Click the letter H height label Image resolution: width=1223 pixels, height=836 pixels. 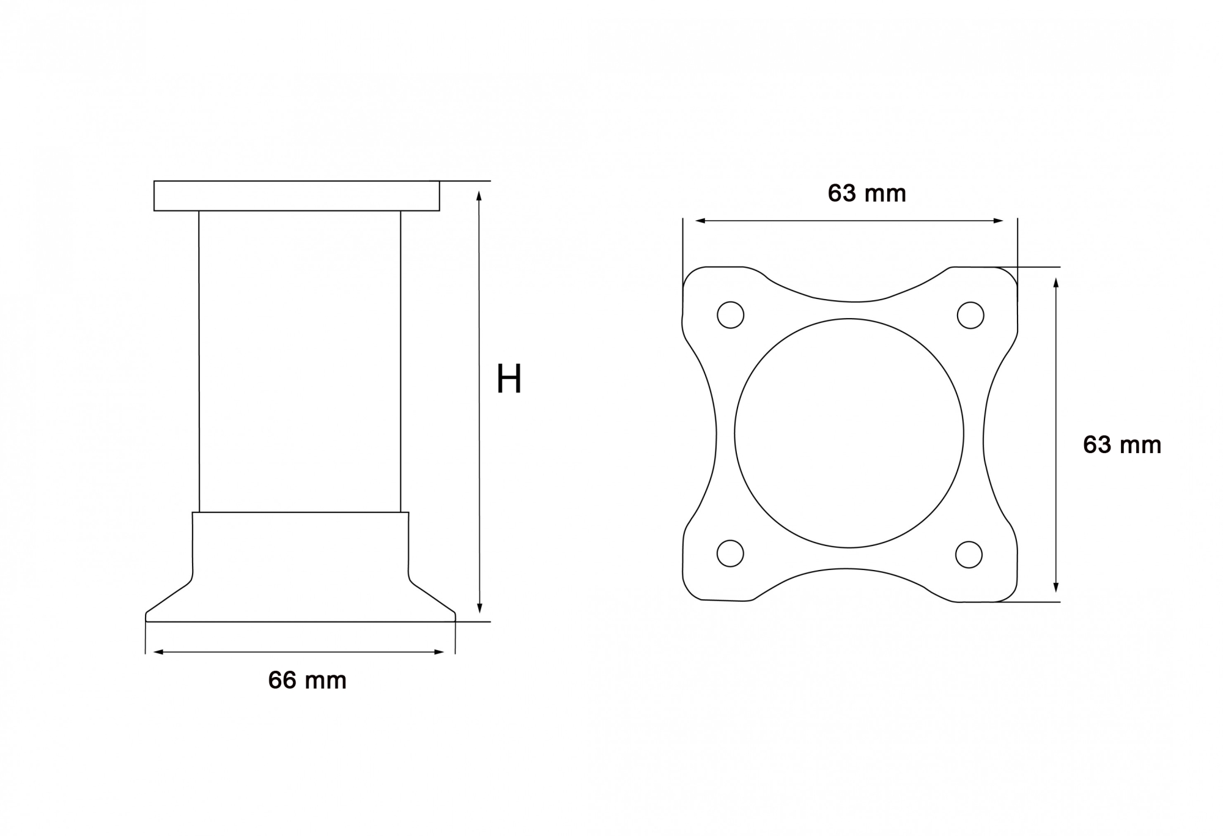coord(509,379)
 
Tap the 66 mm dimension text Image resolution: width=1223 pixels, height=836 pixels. coord(307,680)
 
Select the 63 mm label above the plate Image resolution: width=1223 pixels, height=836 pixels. coord(866,193)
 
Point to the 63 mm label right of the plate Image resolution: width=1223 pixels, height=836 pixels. coord(1122,445)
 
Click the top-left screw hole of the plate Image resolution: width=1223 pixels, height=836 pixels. coord(730,315)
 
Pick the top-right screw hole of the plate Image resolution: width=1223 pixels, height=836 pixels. coord(970,315)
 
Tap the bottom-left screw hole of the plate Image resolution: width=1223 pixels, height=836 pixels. coord(730,553)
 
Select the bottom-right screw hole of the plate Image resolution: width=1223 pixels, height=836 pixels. coord(969,554)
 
